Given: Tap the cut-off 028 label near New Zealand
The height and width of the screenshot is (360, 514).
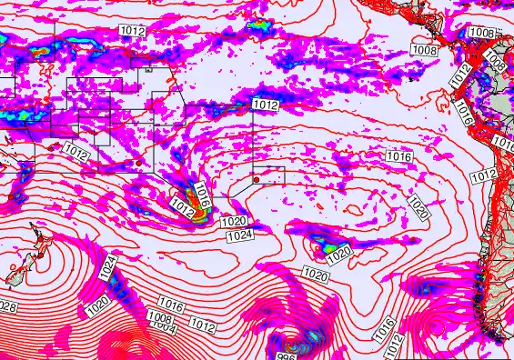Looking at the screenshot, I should pyautogui.click(x=7, y=307).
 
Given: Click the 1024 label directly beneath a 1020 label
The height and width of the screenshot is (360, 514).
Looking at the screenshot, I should pyautogui.click(x=240, y=235).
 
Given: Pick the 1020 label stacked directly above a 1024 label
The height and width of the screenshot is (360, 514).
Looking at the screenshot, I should pyautogui.click(x=234, y=221).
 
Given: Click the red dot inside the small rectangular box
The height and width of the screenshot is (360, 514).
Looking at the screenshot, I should pyautogui.click(x=257, y=179).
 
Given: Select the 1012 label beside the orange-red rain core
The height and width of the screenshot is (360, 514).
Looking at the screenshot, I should pyautogui.click(x=182, y=208).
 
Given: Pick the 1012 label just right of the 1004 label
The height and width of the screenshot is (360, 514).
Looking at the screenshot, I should pyautogui.click(x=203, y=323).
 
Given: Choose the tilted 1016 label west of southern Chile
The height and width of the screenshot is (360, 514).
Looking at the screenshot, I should pyautogui.click(x=385, y=325).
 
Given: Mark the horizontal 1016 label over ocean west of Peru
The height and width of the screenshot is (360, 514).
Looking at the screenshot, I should pyautogui.click(x=399, y=157).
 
